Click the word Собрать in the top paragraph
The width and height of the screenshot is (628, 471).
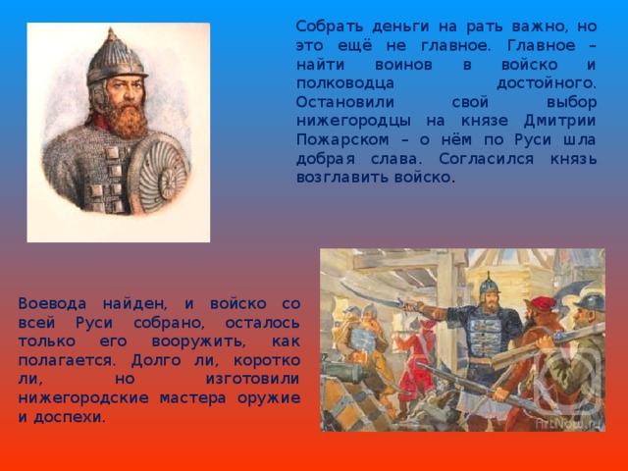[325, 27]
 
